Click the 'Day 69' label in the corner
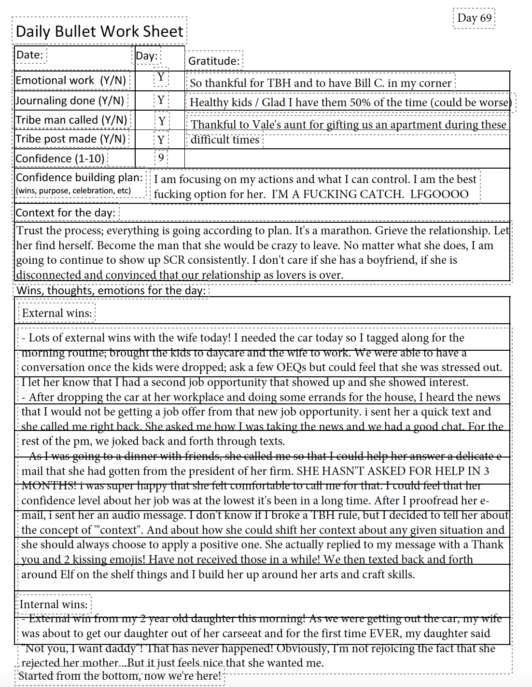click(x=474, y=18)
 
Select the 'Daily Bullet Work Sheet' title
click(x=99, y=31)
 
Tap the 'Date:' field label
click(x=30, y=55)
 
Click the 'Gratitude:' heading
click(x=214, y=61)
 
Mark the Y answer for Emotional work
click(x=161, y=77)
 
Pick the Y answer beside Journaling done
click(x=161, y=100)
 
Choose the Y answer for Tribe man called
click(x=162, y=121)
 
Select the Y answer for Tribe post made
click(x=161, y=140)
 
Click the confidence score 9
click(x=161, y=157)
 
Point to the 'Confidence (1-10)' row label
click(x=60, y=158)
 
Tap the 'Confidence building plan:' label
click(x=80, y=178)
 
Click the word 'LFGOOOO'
click(x=439, y=194)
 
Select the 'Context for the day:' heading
click(x=66, y=213)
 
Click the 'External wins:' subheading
click(x=57, y=313)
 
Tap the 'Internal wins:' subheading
click(x=54, y=604)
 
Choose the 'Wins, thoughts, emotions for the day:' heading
click(x=111, y=290)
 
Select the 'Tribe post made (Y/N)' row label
click(x=70, y=139)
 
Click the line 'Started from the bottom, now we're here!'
click(x=120, y=675)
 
